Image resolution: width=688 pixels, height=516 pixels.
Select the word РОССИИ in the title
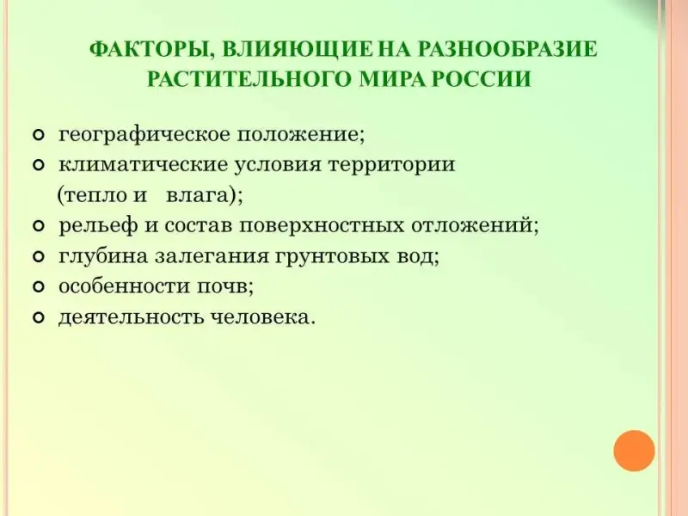482,79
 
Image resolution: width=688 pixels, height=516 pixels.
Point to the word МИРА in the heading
392,79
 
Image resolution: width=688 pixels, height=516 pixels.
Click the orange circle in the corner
634,451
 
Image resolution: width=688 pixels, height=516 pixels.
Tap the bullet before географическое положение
39,135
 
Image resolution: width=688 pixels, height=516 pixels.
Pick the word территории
392,165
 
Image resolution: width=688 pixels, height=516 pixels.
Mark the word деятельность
132,316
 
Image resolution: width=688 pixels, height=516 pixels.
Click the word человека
261,316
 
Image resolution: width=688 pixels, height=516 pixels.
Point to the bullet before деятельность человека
39,317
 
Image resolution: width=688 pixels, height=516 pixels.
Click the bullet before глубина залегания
39,256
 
